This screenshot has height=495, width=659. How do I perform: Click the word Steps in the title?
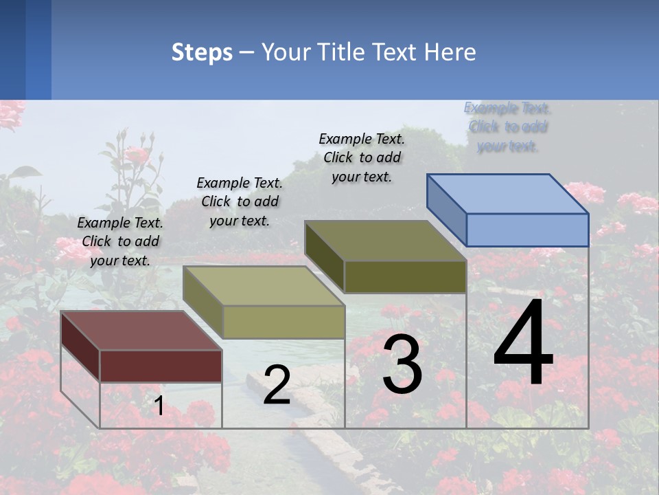click(x=202, y=52)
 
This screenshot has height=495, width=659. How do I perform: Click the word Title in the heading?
click(x=343, y=52)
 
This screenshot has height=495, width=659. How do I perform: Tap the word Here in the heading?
click(x=450, y=52)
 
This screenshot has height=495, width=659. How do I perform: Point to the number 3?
click(x=402, y=364)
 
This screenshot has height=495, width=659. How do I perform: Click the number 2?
click(x=277, y=385)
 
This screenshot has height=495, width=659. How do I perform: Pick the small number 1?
click(x=159, y=406)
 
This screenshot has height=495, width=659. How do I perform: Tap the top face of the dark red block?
click(x=141, y=330)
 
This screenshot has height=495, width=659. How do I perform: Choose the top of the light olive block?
click(x=264, y=286)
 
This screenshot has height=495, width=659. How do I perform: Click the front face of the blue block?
click(x=527, y=230)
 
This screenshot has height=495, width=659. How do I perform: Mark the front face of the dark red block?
click(x=161, y=366)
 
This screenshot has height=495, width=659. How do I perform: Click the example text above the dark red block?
click(x=120, y=241)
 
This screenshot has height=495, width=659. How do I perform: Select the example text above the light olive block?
click(x=240, y=201)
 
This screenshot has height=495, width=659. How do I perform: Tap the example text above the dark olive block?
click(x=362, y=157)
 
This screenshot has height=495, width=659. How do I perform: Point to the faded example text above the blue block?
click(x=507, y=126)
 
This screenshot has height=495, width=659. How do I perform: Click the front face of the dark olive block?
click(x=405, y=277)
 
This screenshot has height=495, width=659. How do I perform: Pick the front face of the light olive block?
click(x=284, y=322)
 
